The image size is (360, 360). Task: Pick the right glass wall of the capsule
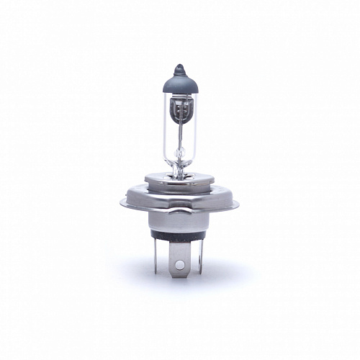[196, 130]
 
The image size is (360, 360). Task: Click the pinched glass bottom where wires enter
[179, 168]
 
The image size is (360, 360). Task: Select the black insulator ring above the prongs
[179, 238]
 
